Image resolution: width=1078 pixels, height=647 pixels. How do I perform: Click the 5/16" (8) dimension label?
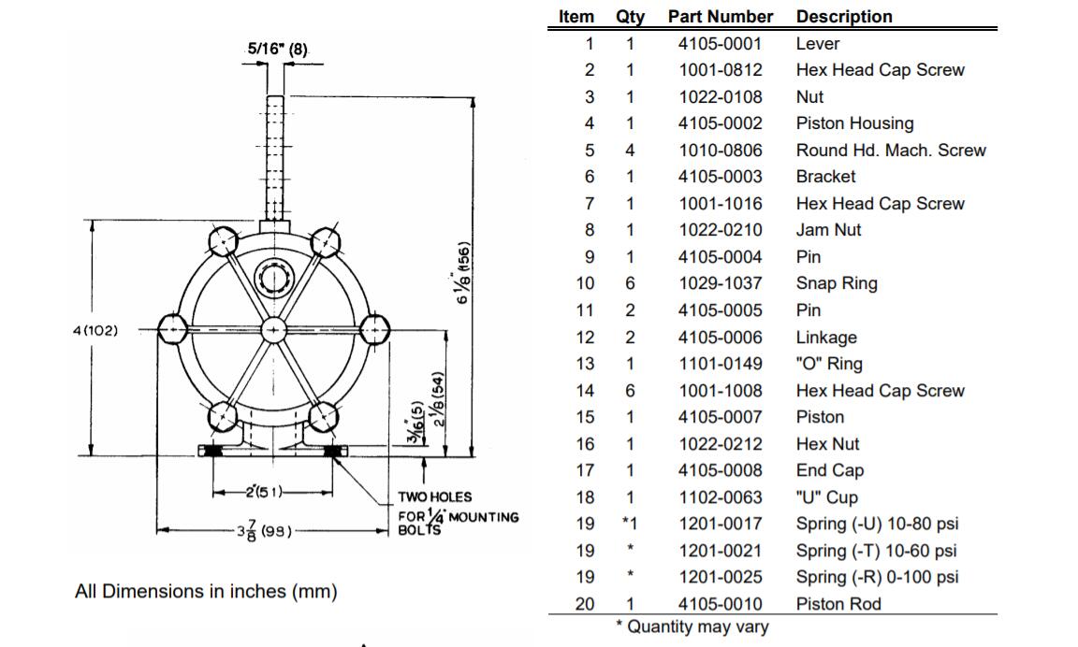[277, 49]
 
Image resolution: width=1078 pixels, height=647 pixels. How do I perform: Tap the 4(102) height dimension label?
[95, 330]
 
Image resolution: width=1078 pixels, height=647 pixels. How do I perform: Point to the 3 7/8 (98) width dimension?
[266, 531]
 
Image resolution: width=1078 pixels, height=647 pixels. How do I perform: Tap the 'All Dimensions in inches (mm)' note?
[206, 591]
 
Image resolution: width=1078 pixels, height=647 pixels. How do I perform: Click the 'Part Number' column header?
[721, 17]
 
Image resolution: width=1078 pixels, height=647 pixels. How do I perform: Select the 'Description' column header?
[844, 17]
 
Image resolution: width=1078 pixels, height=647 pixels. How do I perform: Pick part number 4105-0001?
[721, 43]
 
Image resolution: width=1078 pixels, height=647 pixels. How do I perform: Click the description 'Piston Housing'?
[854, 123]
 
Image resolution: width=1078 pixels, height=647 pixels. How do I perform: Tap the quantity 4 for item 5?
[630, 150]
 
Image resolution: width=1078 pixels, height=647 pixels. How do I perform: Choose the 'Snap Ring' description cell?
[837, 283]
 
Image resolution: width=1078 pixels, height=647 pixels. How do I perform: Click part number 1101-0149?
[721, 364]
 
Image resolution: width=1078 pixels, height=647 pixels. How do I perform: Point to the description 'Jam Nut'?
[828, 230]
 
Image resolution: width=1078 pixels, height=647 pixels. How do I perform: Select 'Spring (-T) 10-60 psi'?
[877, 551]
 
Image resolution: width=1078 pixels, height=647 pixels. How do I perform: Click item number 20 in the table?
[585, 604]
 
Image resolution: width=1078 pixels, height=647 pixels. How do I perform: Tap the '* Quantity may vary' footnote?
[692, 626]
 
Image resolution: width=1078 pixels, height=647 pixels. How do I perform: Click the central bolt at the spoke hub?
[272, 330]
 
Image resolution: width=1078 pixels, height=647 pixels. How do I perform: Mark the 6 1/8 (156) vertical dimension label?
[462, 272]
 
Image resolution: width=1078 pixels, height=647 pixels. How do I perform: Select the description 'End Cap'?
[829, 470]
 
